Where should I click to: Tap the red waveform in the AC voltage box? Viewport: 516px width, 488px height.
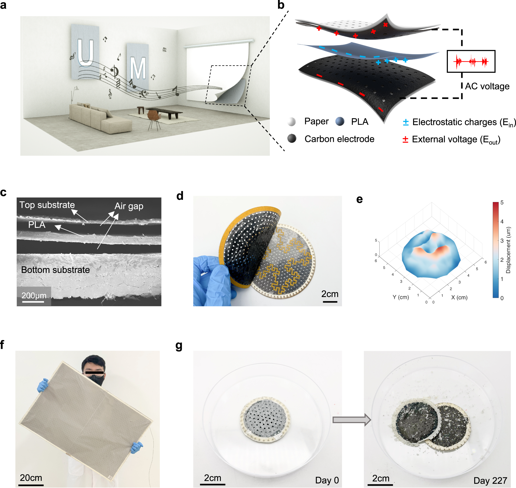[471, 61]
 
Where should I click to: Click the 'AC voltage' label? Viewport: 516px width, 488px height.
[487, 86]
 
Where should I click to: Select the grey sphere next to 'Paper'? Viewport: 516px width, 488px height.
[291, 122]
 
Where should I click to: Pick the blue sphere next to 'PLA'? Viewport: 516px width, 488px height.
[340, 122]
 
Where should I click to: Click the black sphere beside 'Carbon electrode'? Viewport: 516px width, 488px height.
[292, 139]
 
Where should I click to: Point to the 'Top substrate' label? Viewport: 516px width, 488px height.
[47, 205]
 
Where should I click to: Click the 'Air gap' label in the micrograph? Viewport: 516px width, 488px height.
[129, 206]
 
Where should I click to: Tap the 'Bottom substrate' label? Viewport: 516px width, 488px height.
[55, 270]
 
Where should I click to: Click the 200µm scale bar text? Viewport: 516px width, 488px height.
[34, 296]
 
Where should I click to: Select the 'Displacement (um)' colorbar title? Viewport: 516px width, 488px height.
[508, 250]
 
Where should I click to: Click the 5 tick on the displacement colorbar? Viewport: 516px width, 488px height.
[502, 202]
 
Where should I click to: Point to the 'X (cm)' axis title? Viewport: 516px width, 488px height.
[459, 297]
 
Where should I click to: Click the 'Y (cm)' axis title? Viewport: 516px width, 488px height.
[401, 297]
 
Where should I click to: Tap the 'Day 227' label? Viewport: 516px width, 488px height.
[490, 481]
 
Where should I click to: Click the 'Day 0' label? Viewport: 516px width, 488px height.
[327, 480]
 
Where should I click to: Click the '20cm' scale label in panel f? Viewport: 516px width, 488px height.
[31, 478]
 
